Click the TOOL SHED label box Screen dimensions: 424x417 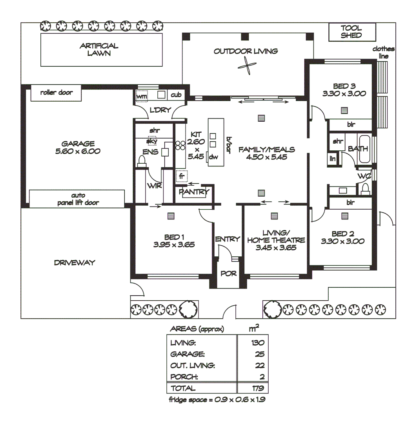tap(351, 32)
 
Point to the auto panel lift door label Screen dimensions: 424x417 tap(77, 199)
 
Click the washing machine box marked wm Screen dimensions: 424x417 tap(142, 96)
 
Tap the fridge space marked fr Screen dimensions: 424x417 tap(182, 176)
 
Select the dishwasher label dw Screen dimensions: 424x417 tap(213, 157)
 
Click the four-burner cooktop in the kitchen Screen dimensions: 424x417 tap(180, 146)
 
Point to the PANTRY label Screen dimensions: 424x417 tap(194, 192)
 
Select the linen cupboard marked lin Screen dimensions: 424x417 tap(332, 159)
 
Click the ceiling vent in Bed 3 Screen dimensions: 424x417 tap(344, 110)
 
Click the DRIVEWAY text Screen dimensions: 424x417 tap(75, 263)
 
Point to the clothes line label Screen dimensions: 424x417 tap(383, 53)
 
